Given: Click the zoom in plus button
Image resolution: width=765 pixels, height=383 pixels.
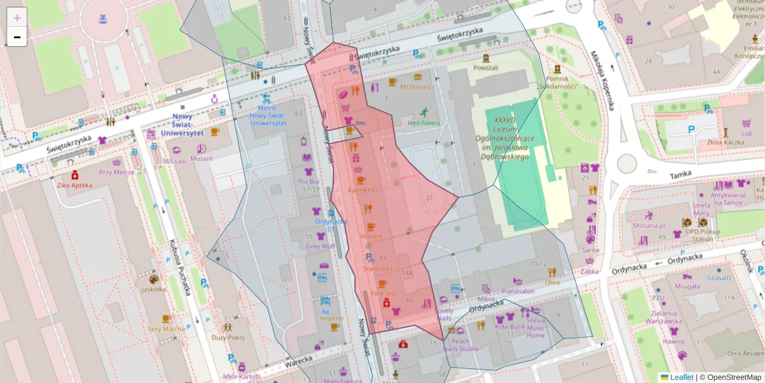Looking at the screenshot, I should click(17, 17).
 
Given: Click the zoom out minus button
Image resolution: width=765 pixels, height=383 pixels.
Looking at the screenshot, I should click(17, 37).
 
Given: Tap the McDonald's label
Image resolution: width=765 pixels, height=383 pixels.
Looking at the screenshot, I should click(417, 87).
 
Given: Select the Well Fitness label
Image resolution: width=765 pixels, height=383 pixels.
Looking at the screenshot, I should click(424, 123).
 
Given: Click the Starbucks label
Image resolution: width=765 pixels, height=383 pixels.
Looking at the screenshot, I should click(377, 269).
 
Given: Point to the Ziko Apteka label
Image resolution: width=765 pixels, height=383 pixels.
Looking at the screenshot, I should click(75, 185).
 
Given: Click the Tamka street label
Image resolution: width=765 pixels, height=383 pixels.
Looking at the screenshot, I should click(681, 175).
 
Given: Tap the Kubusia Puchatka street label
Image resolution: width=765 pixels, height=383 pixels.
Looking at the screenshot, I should click(181, 267).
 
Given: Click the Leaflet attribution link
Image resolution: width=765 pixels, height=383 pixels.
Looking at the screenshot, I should click(681, 377).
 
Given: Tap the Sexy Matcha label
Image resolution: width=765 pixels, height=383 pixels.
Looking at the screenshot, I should click(166, 329).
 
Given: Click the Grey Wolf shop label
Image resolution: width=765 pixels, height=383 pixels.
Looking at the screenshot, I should click(320, 246).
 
